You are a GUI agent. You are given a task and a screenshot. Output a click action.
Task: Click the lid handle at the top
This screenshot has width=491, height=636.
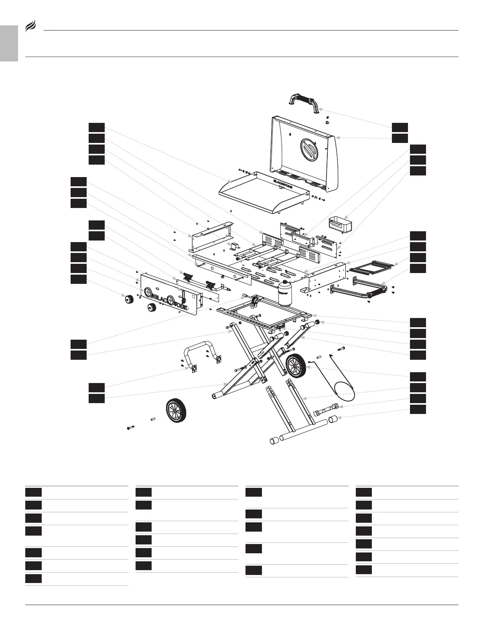304,100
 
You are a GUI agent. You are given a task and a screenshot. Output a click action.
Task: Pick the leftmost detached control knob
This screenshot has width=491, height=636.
130,299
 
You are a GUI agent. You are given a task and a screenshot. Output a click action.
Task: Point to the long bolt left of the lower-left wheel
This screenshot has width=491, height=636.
130,428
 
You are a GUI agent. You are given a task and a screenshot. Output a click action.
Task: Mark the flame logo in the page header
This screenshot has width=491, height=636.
31,27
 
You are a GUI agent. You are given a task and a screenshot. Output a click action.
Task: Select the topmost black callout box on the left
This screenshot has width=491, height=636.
96,127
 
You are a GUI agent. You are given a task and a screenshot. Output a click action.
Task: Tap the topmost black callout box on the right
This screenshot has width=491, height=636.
400,127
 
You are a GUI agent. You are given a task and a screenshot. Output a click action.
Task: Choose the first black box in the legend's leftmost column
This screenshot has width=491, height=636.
33,492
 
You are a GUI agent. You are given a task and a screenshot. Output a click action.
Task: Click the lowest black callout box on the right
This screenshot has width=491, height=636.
418,409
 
